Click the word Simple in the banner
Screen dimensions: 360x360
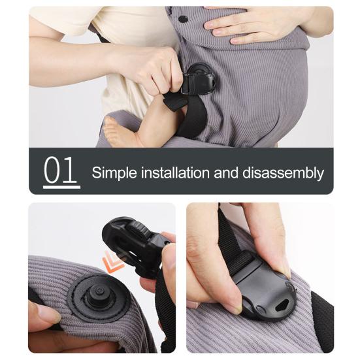point(112,173)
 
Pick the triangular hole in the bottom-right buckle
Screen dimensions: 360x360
point(282,305)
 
